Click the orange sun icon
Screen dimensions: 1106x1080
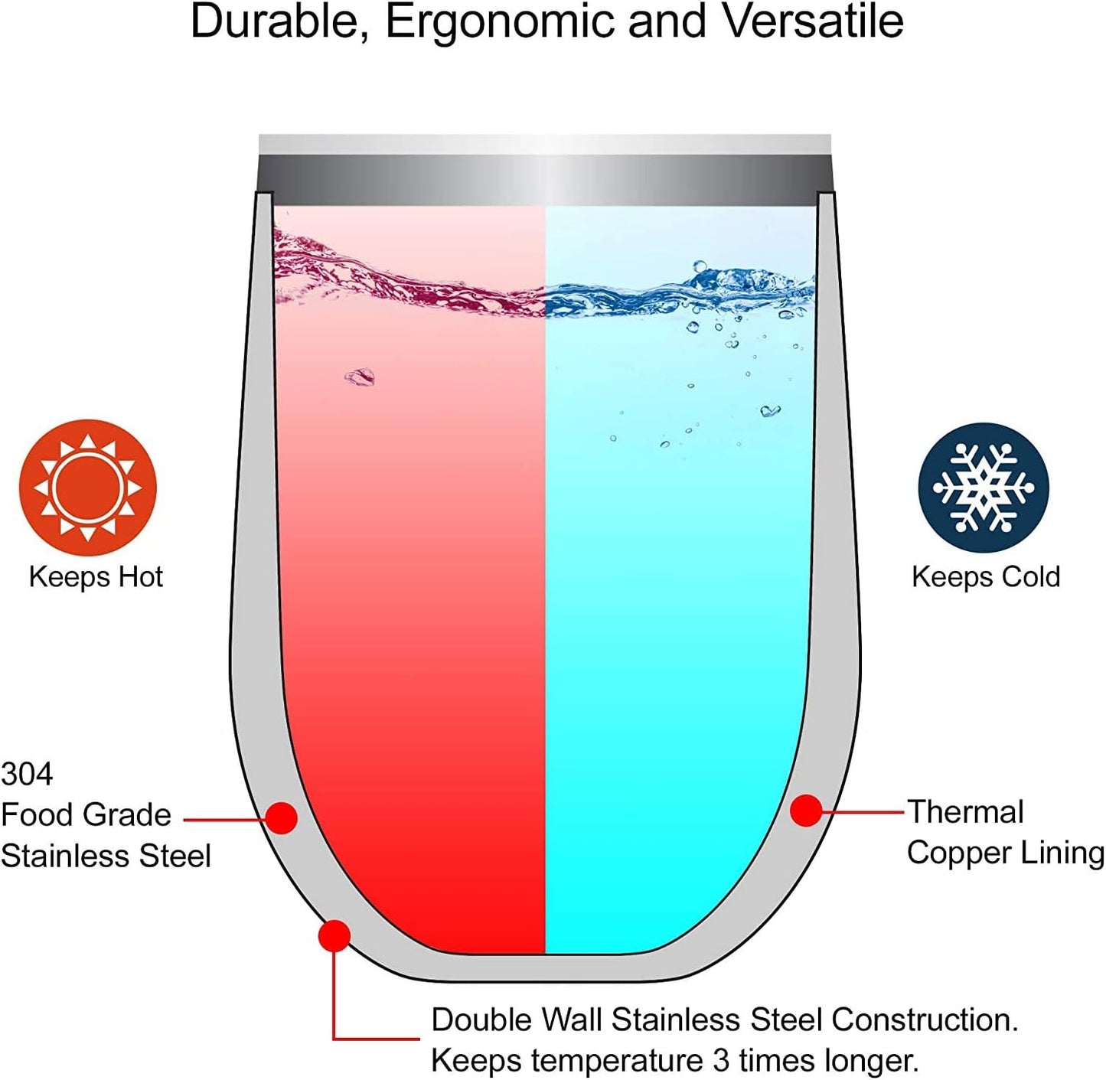tap(87, 488)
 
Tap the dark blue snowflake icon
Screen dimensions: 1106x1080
tap(984, 488)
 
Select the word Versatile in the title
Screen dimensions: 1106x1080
tap(807, 21)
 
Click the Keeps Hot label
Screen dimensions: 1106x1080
tap(96, 577)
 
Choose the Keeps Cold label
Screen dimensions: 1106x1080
tap(986, 577)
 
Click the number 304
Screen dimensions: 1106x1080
tap(27, 774)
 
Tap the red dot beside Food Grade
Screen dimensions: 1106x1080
tap(282, 818)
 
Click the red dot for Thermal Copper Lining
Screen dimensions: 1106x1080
tap(806, 811)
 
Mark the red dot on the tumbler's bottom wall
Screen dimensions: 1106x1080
tap(334, 936)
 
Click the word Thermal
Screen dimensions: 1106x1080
tap(966, 812)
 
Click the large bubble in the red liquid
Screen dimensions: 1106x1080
tap(360, 377)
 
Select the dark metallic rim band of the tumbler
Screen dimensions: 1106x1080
tap(545, 180)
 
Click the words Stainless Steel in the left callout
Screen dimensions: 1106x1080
tap(106, 856)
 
